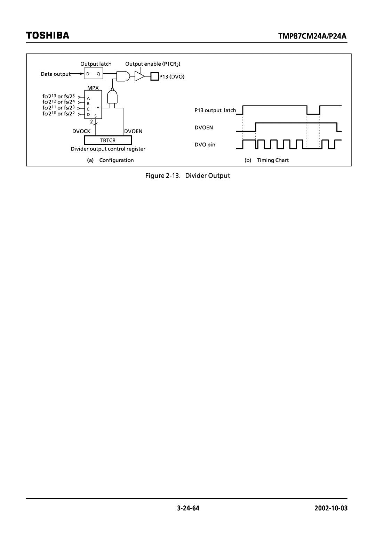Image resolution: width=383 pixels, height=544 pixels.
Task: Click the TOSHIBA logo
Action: point(48,35)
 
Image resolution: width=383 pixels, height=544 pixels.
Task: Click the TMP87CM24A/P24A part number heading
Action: point(313,36)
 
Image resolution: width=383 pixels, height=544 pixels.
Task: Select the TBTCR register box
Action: point(108,140)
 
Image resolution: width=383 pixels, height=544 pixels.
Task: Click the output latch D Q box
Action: point(93,74)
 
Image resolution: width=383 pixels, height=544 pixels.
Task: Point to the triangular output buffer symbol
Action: point(139,76)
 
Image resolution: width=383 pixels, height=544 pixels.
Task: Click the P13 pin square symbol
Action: point(154,76)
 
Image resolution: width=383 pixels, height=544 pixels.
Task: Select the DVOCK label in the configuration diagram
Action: point(81,131)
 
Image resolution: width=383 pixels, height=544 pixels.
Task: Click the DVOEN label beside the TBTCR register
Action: point(133,131)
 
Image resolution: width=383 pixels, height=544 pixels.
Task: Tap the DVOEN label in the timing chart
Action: point(204,127)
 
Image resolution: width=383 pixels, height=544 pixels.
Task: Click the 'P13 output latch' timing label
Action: point(215,110)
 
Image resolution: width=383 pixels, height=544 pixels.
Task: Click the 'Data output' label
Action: point(56,74)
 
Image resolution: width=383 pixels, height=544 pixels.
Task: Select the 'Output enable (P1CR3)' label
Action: point(153,64)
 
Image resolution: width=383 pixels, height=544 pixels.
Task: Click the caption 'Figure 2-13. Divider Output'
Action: point(187,176)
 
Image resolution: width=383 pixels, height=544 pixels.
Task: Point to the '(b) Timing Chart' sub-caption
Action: point(267,160)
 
